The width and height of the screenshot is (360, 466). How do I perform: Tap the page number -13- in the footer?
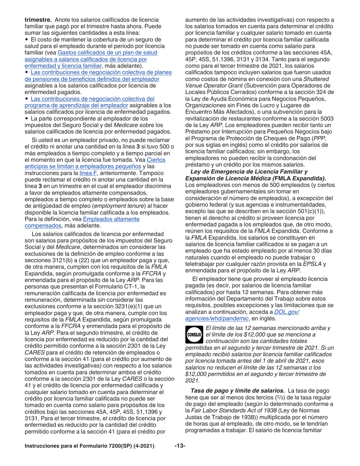[180, 457]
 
